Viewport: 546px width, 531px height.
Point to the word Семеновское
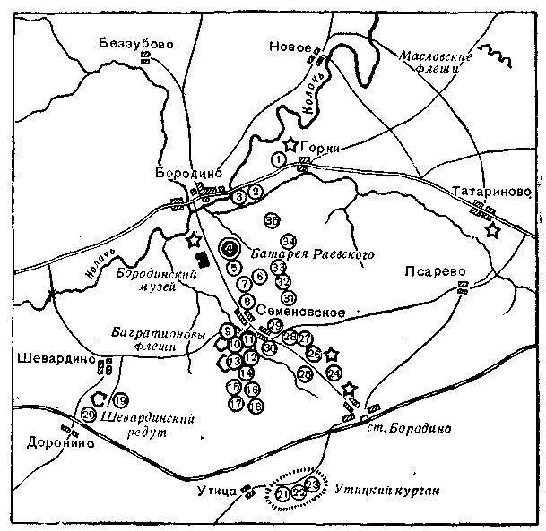point(301,310)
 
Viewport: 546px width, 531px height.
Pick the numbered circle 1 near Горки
point(279,159)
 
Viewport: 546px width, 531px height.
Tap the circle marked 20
point(88,415)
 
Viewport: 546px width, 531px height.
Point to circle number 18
point(256,406)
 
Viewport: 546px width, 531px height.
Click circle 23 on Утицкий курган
point(311,484)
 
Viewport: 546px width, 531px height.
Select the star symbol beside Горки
point(290,143)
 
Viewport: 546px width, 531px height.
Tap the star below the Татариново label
point(491,230)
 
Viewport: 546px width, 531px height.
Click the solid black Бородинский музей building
point(204,260)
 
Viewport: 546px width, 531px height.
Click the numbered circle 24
point(334,372)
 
